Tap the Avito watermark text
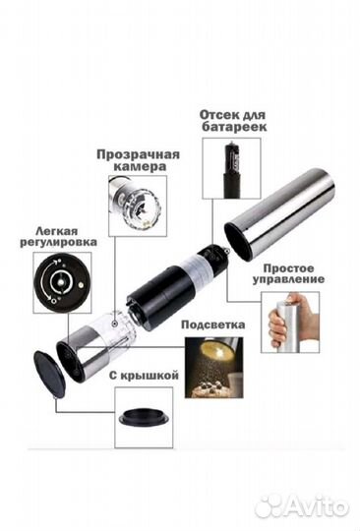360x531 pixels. coord(316,507)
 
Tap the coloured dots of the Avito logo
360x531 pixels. coord(267,507)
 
